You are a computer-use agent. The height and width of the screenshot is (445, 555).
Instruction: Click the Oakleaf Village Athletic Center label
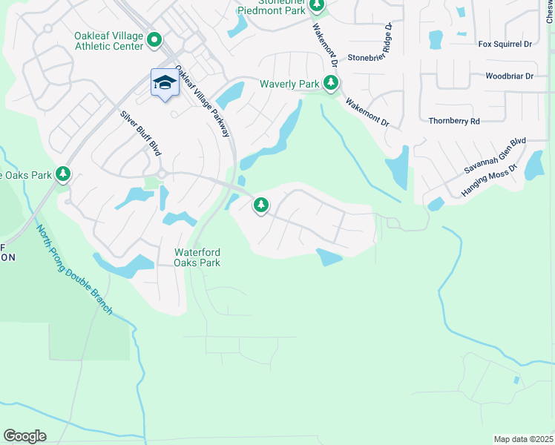pyautogui.click(x=108, y=40)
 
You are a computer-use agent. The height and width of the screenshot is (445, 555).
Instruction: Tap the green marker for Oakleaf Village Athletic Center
pyautogui.click(x=154, y=39)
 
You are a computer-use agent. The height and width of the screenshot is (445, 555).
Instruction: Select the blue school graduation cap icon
pyautogui.click(x=165, y=83)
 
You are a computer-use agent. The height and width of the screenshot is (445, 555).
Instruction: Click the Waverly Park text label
pyautogui.click(x=289, y=84)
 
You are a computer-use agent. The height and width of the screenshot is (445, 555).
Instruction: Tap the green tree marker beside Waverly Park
pyautogui.click(x=331, y=84)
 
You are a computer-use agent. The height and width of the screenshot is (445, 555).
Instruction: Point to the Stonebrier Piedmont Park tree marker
pyautogui.click(x=317, y=6)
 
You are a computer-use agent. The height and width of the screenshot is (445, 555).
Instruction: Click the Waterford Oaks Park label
pyautogui.click(x=197, y=257)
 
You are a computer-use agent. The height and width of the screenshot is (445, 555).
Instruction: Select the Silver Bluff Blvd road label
pyautogui.click(x=140, y=133)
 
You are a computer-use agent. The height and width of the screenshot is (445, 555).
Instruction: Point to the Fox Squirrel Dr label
pyautogui.click(x=505, y=44)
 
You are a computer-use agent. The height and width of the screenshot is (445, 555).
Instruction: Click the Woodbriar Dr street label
pyautogui.click(x=509, y=76)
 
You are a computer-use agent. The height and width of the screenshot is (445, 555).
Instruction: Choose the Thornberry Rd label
pyautogui.click(x=454, y=121)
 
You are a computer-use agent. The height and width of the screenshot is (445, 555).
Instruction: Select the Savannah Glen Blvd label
pyautogui.click(x=495, y=155)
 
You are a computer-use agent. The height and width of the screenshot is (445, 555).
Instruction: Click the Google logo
pyautogui.click(x=24, y=436)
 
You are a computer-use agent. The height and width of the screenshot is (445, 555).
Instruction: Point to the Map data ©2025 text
pyautogui.click(x=522, y=439)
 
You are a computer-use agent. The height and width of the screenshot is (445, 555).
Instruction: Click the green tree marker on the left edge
pyautogui.click(x=63, y=174)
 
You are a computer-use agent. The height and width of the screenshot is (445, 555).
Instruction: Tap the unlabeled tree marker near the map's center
pyautogui.click(x=260, y=204)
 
